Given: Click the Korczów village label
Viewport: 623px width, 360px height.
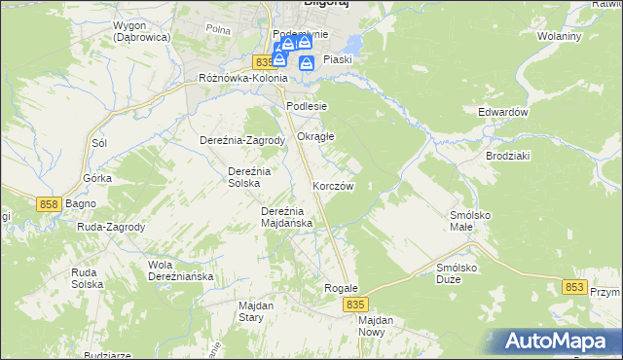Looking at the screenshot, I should coord(333,186).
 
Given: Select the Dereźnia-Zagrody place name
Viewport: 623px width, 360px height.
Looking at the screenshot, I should coord(241,139).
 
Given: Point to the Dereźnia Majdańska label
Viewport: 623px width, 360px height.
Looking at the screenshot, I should coord(286,216).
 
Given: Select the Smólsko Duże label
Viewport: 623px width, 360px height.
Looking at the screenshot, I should coord(461,272).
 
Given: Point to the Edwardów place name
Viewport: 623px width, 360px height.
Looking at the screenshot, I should coord(502,112).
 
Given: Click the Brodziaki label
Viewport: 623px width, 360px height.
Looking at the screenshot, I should coord(506,155).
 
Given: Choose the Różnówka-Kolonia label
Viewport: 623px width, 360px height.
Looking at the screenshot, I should coord(242,78).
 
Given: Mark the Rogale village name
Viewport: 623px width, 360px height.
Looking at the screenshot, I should coord(342,288).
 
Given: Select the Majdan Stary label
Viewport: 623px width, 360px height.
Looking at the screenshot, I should coord(256,310).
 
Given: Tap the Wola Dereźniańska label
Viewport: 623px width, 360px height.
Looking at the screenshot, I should coord(179,270).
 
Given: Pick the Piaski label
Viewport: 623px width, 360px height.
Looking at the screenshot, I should coord(337,59).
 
